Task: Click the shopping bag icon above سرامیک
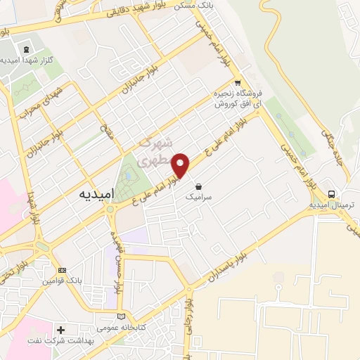coord(200,187)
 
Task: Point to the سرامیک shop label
coord(199,199)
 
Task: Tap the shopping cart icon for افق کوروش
coord(238,81)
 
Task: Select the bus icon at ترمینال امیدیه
coord(330,194)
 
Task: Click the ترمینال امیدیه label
coord(334,205)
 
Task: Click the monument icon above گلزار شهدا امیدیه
coord(27,49)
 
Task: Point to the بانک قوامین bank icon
coord(62,271)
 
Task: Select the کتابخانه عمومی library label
coord(122,328)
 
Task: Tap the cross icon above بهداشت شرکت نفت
coord(62,330)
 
